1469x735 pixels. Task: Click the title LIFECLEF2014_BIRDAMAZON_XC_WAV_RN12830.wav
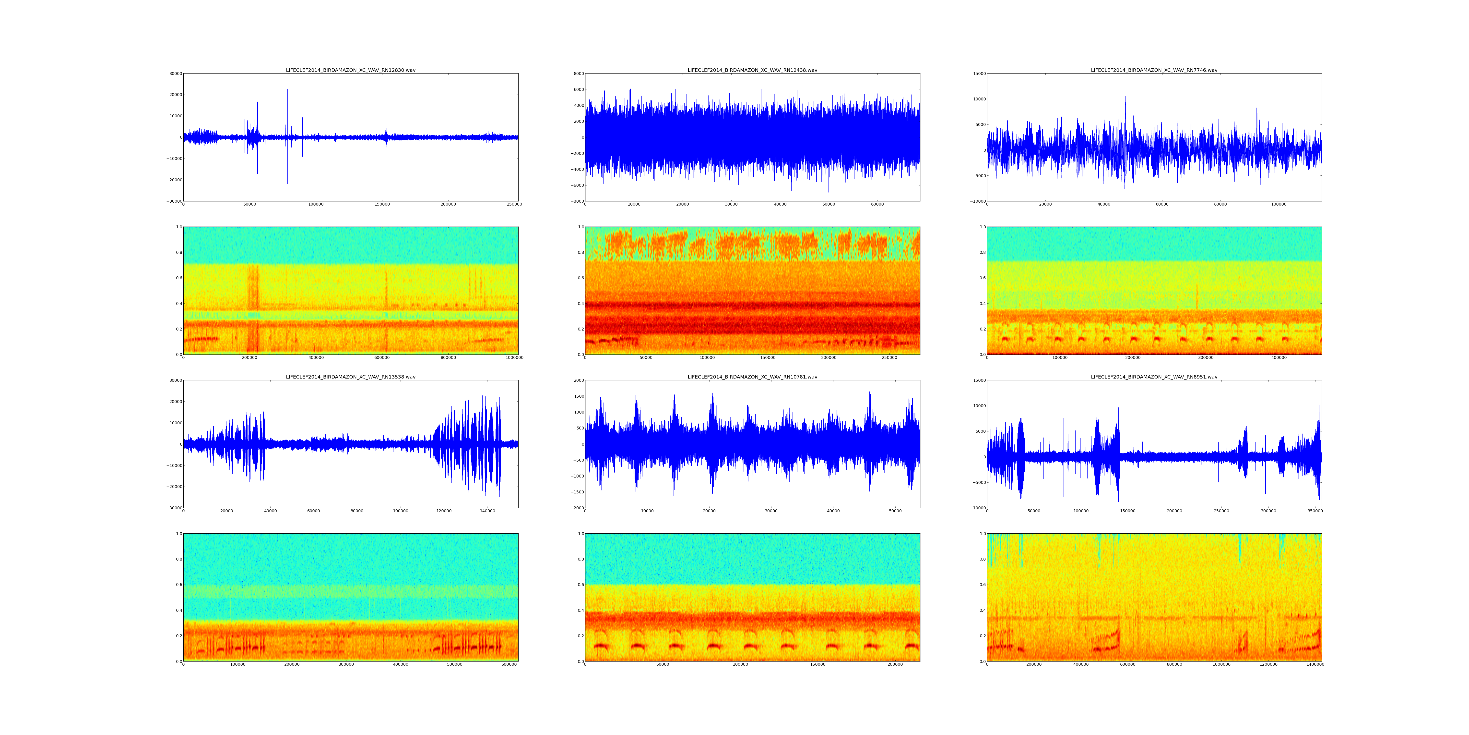(x=351, y=70)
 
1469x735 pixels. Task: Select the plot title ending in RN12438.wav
(x=752, y=70)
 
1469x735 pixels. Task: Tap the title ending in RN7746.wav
(x=1154, y=70)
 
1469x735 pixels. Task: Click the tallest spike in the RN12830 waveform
(x=287, y=90)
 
